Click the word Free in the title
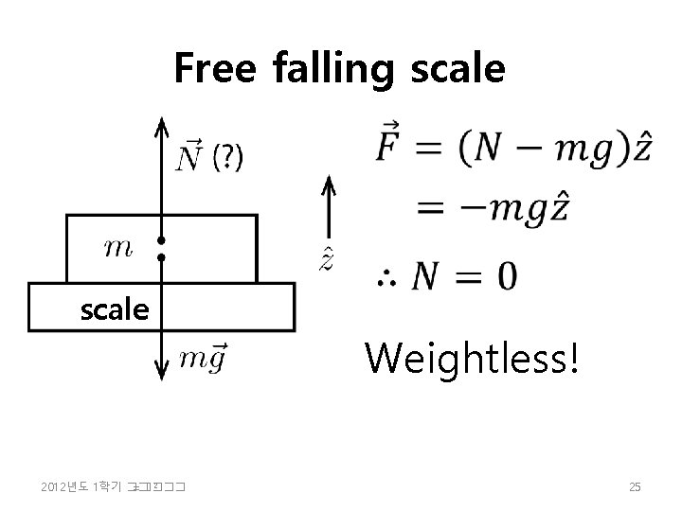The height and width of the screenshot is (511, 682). [215, 68]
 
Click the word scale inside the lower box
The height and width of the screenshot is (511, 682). [114, 308]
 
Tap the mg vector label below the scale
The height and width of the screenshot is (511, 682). [203, 358]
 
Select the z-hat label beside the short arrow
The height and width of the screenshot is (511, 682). [326, 257]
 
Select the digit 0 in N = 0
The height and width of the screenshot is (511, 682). [507, 276]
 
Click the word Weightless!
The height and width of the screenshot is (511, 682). [472, 359]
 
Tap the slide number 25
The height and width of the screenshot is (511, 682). [635, 487]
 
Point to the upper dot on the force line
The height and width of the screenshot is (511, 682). [162, 240]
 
